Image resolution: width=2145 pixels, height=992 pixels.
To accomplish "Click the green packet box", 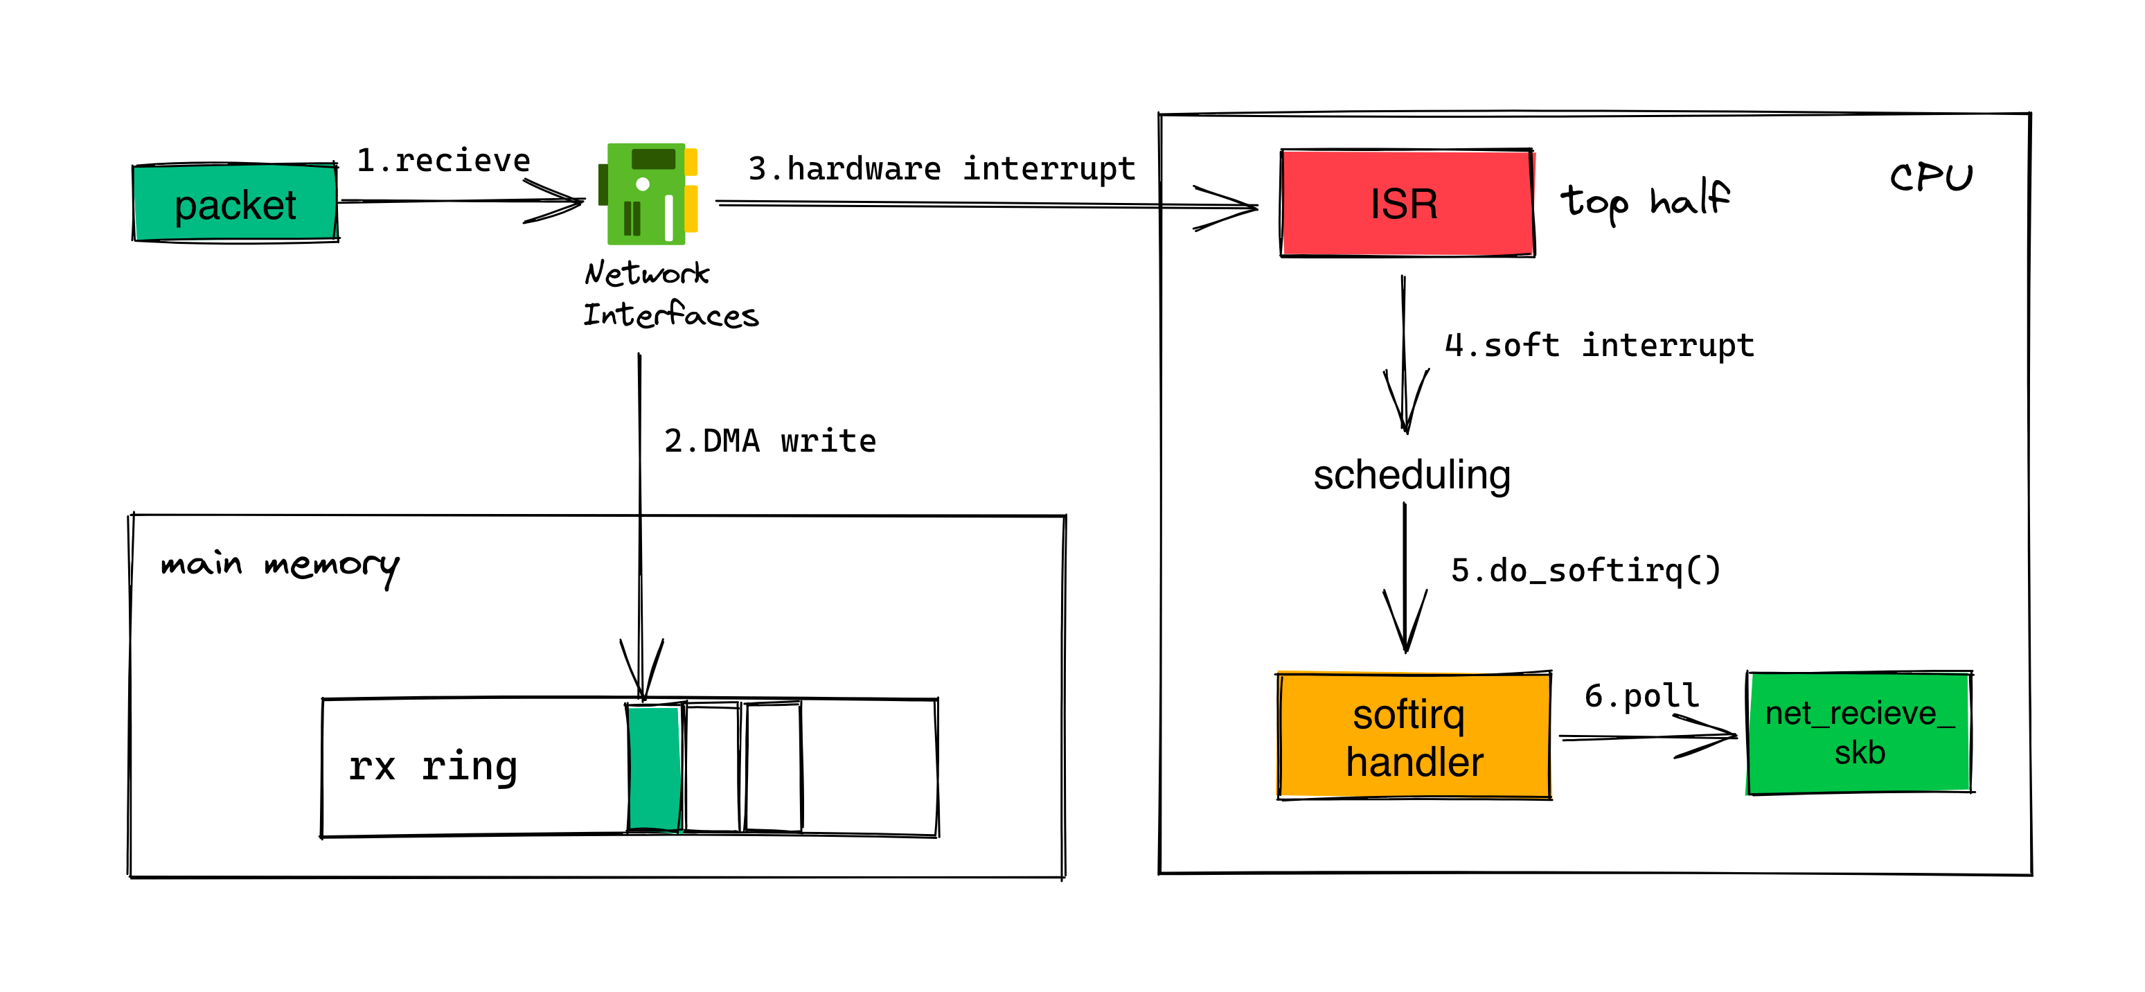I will click(x=235, y=203).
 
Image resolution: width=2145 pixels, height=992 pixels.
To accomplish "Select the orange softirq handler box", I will click(x=1413, y=736).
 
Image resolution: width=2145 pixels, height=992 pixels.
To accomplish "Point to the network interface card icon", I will click(x=648, y=194).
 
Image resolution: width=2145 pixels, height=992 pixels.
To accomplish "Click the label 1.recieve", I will click(x=443, y=160).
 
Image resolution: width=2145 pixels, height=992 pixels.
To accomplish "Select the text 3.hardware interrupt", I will click(x=941, y=168).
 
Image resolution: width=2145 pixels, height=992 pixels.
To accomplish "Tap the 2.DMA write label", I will click(x=769, y=441).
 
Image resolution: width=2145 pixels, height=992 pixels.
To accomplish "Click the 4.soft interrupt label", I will click(x=1599, y=345).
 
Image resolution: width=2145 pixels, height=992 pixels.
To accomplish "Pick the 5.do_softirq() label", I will click(x=1585, y=571).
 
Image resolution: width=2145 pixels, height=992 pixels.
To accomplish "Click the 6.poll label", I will click(x=1641, y=696).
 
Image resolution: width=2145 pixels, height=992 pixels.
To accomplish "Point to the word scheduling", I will click(x=1412, y=475).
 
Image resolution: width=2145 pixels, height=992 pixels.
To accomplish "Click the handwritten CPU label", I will click(x=1930, y=177).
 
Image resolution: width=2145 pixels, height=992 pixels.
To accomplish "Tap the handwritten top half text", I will click(x=1644, y=201).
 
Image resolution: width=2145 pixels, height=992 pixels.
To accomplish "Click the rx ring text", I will click(x=433, y=766).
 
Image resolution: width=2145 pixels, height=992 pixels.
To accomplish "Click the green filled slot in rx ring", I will click(x=655, y=768).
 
